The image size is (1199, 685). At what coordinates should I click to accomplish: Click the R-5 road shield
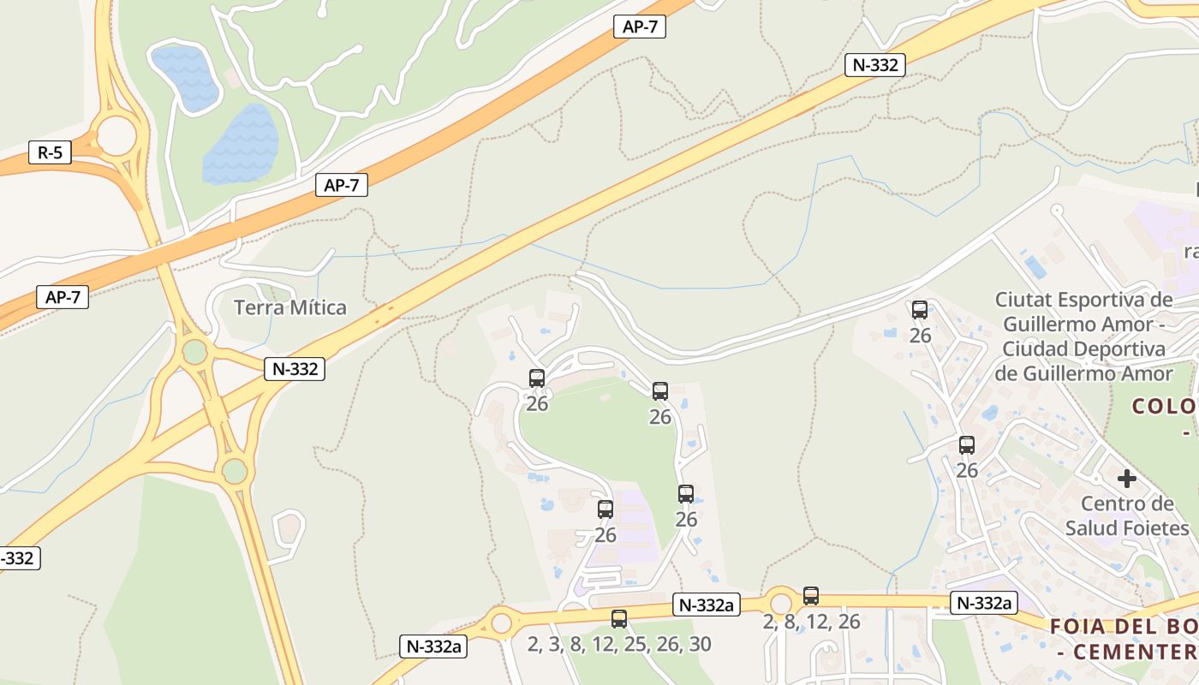(x=50, y=153)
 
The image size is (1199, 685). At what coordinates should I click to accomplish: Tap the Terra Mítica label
(x=290, y=307)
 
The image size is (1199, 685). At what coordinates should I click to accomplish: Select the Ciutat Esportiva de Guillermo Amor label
(x=1083, y=337)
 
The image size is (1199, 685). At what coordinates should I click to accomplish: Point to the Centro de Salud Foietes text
(x=1127, y=515)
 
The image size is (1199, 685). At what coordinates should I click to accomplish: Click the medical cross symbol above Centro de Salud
(x=1127, y=479)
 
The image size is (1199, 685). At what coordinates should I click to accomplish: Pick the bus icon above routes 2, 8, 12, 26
(x=811, y=596)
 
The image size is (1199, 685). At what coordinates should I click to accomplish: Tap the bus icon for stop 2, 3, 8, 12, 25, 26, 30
(x=619, y=618)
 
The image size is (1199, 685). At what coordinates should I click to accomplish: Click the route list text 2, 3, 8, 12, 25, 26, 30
(x=619, y=645)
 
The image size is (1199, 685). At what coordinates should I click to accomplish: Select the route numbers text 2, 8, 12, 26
(x=811, y=622)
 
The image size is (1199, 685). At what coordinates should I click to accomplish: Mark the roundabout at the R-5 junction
(x=116, y=135)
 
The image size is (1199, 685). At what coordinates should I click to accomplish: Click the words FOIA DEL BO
(x=1123, y=626)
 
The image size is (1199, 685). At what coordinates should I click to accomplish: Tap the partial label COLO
(x=1165, y=406)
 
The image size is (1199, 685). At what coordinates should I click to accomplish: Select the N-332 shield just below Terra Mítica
(x=295, y=369)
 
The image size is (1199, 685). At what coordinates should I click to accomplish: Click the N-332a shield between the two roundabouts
(x=706, y=604)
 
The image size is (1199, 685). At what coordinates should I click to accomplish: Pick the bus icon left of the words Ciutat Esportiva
(x=920, y=310)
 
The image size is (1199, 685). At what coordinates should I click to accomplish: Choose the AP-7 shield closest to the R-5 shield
(x=63, y=297)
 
